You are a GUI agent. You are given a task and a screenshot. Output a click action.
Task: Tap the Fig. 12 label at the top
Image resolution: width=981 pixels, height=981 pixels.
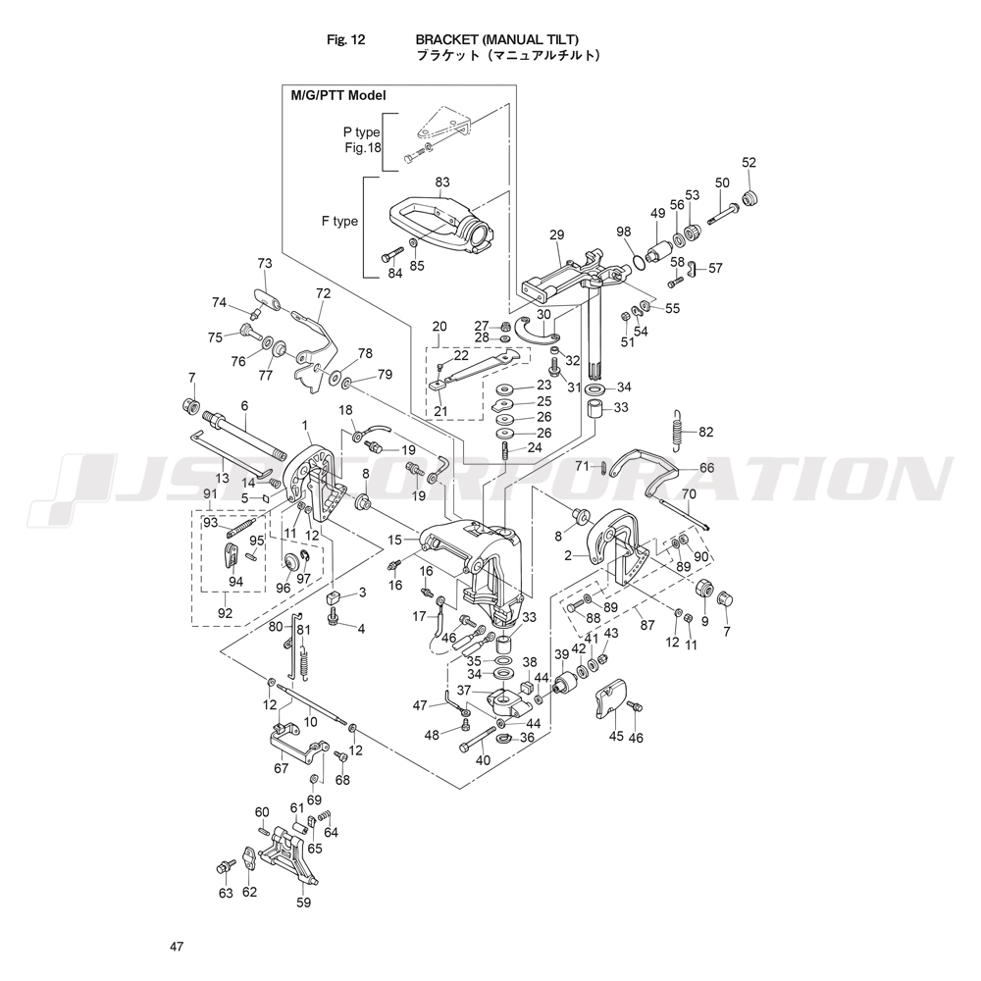(x=345, y=40)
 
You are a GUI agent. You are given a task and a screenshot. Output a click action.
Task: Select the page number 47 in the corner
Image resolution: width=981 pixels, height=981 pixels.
(x=176, y=947)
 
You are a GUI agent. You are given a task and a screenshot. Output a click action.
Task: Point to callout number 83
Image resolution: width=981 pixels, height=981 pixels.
(x=442, y=182)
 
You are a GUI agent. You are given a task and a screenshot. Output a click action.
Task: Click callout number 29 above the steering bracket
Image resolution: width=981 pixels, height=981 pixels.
(x=557, y=235)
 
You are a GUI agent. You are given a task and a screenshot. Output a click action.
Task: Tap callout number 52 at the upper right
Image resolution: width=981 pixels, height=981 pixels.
(x=749, y=163)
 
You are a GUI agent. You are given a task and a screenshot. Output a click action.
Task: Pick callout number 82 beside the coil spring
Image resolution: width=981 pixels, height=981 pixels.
(x=706, y=432)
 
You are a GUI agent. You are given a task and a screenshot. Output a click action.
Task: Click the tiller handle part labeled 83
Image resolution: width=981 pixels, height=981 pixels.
(x=441, y=226)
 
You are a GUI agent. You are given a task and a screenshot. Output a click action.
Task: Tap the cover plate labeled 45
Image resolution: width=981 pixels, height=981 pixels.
(x=613, y=698)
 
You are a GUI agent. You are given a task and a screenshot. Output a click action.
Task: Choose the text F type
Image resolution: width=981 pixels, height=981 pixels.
(x=339, y=221)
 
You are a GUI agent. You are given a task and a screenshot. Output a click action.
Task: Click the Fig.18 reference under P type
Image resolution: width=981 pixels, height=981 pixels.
(x=362, y=148)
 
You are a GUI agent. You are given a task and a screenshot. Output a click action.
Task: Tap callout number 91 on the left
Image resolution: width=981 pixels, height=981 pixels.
(x=209, y=493)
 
